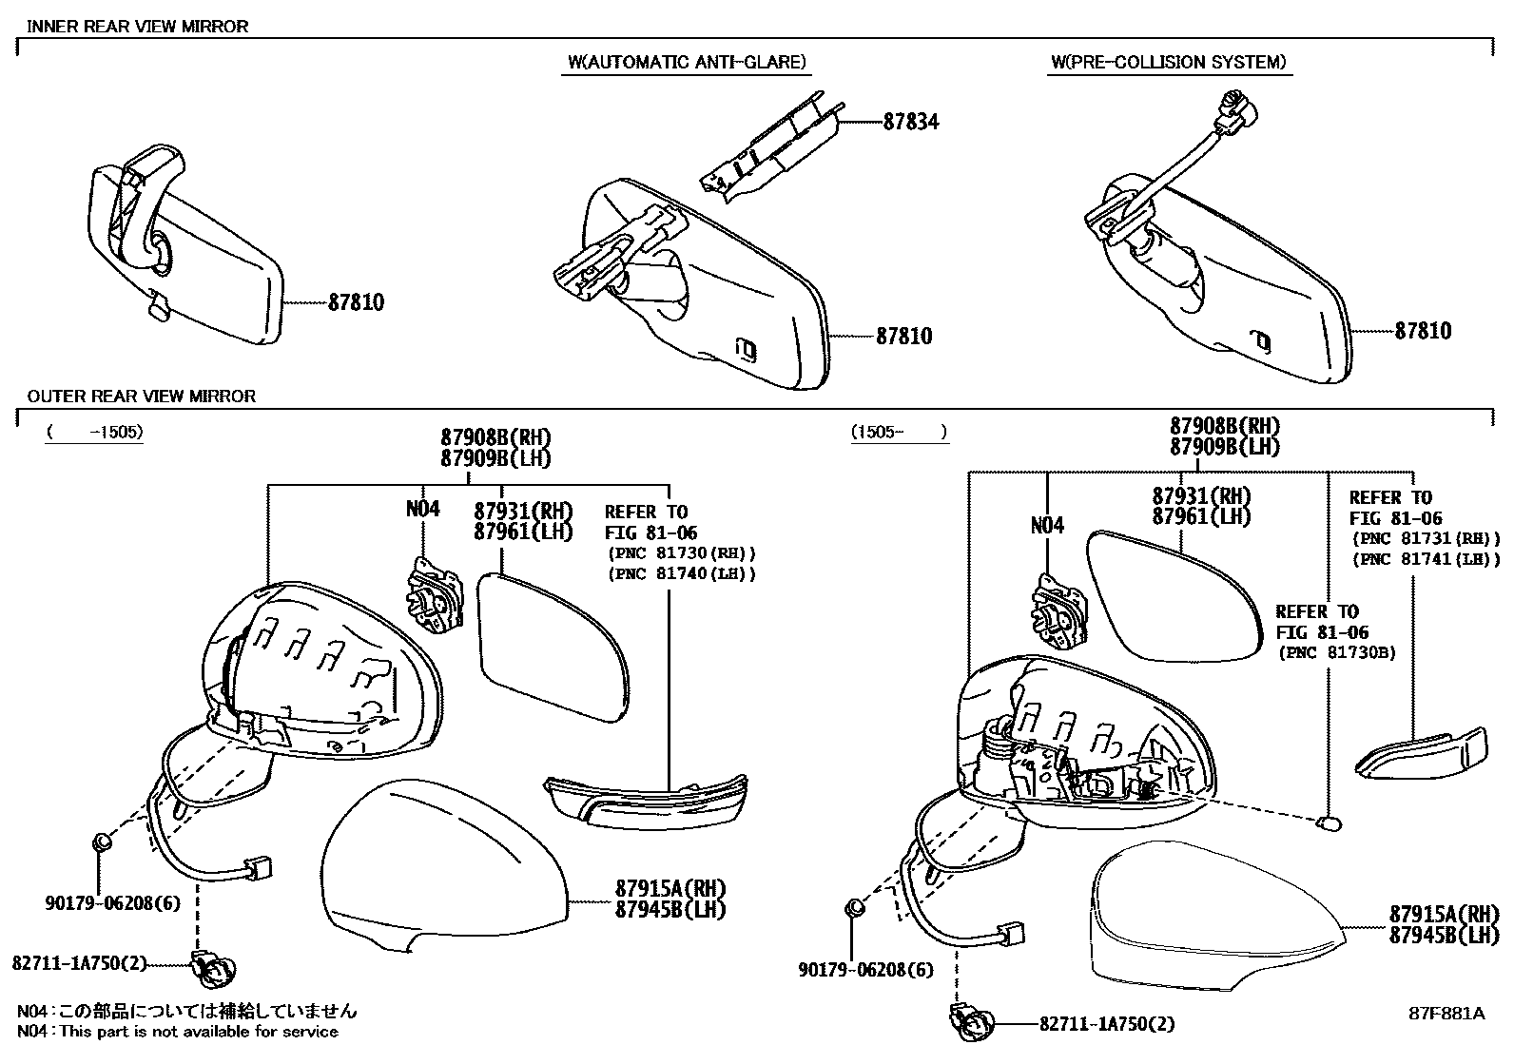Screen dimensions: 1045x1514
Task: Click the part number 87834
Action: [910, 122]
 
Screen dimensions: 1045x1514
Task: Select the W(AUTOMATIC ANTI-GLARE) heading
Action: [687, 63]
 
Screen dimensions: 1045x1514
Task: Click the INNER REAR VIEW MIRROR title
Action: [137, 27]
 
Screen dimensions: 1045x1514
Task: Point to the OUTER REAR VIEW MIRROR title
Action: [141, 396]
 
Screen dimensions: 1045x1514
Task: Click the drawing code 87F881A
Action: [1446, 1013]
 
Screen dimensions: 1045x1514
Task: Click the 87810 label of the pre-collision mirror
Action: [1423, 331]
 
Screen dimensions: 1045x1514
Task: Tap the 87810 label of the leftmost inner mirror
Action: [356, 302]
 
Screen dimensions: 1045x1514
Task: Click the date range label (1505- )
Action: [899, 432]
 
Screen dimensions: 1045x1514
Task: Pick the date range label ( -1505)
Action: [95, 432]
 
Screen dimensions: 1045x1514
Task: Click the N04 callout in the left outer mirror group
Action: [423, 509]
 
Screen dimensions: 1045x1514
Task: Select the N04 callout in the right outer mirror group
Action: [1047, 525]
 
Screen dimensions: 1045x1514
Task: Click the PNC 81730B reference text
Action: [1336, 653]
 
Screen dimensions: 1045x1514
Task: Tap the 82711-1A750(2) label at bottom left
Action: [80, 963]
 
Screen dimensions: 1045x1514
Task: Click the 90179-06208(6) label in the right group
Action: [865, 970]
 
